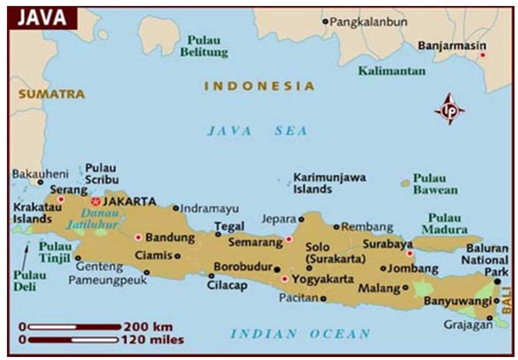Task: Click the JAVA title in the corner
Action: pyautogui.click(x=42, y=18)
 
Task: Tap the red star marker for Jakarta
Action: pyautogui.click(x=96, y=201)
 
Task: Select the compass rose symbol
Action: pyautogui.click(x=449, y=109)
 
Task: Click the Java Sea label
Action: pyautogui.click(x=257, y=131)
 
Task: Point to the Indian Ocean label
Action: pyautogui.click(x=300, y=333)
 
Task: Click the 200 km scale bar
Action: pyautogui.click(x=74, y=327)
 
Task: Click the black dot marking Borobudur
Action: pyautogui.click(x=277, y=269)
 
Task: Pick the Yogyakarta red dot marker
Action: pyautogui.click(x=284, y=279)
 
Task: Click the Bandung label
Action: pyautogui.click(x=170, y=237)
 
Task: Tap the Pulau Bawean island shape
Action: pyautogui.click(x=405, y=183)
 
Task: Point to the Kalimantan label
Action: pyautogui.click(x=392, y=71)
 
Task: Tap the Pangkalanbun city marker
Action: pyautogui.click(x=325, y=21)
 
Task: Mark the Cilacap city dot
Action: pyautogui.click(x=212, y=275)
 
